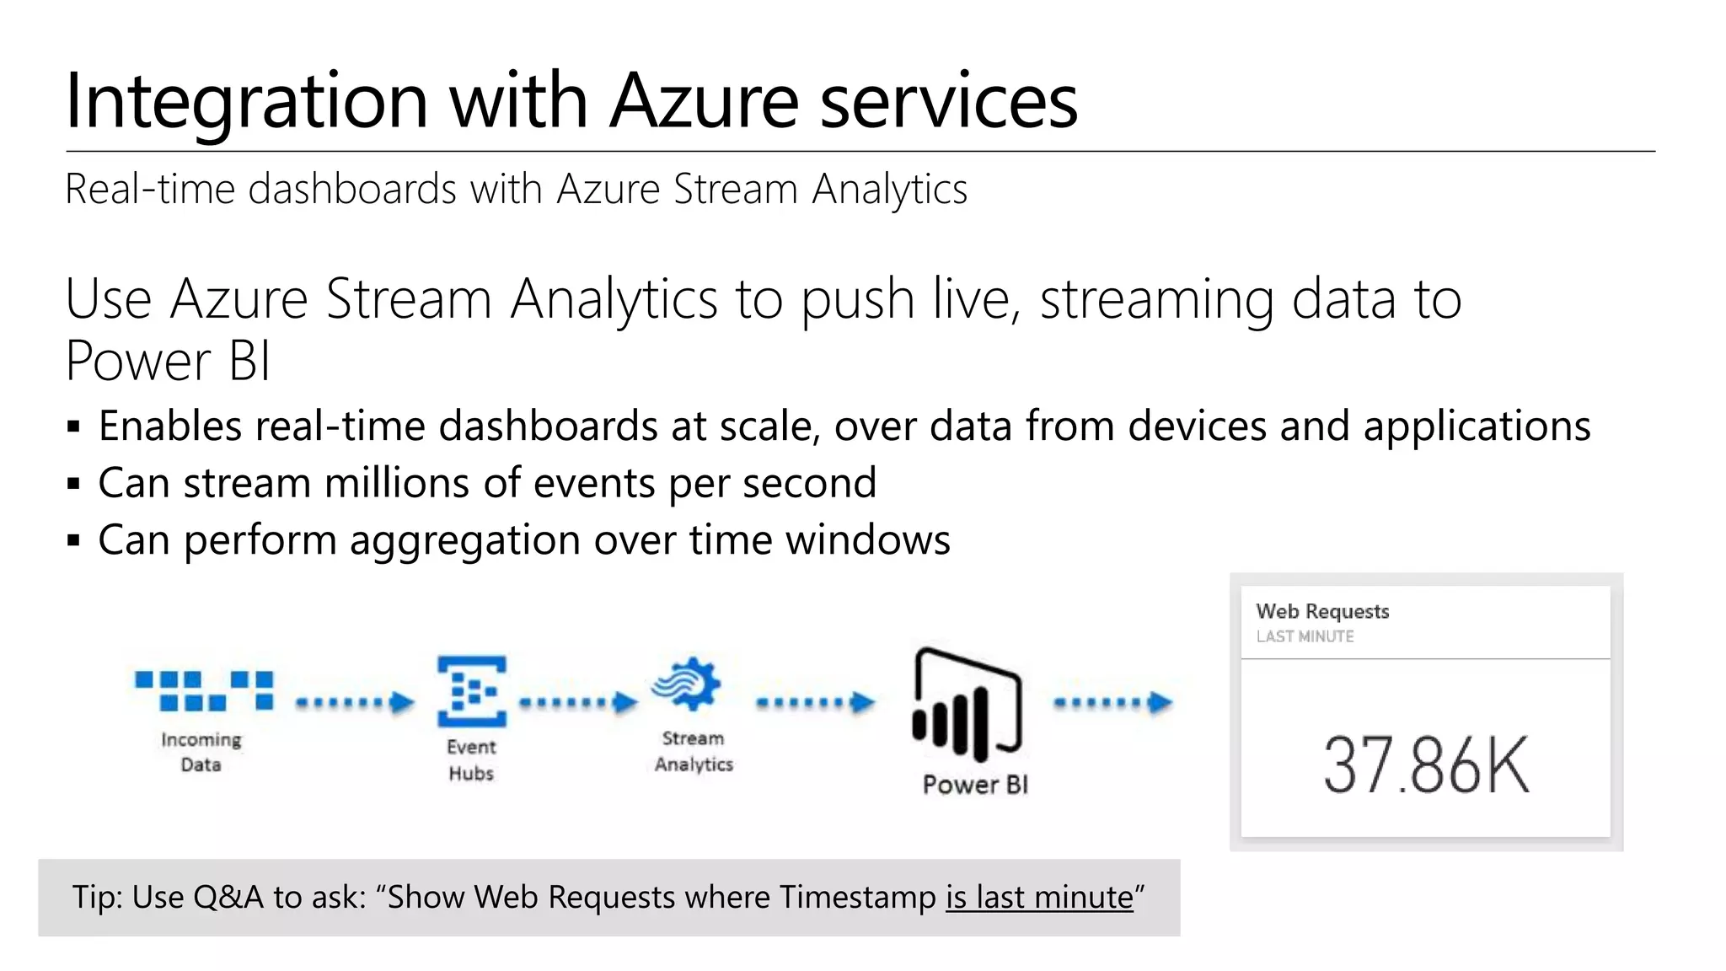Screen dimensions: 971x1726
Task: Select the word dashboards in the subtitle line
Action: tap(352, 189)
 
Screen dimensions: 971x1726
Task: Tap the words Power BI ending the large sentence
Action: tap(168, 362)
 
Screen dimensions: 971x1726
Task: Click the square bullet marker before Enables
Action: tap(74, 426)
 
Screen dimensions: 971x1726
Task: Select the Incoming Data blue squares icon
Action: tap(204, 690)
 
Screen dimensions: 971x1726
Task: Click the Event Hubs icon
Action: tap(471, 691)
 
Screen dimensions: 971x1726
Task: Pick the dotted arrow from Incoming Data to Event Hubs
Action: tap(355, 702)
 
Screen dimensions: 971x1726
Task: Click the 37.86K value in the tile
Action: tap(1426, 765)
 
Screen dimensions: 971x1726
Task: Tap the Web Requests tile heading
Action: tap(1322, 611)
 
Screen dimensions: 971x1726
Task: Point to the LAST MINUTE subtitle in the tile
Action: tap(1305, 636)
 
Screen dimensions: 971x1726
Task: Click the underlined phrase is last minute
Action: tap(1039, 898)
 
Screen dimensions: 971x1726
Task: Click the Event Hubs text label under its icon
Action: tap(471, 759)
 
